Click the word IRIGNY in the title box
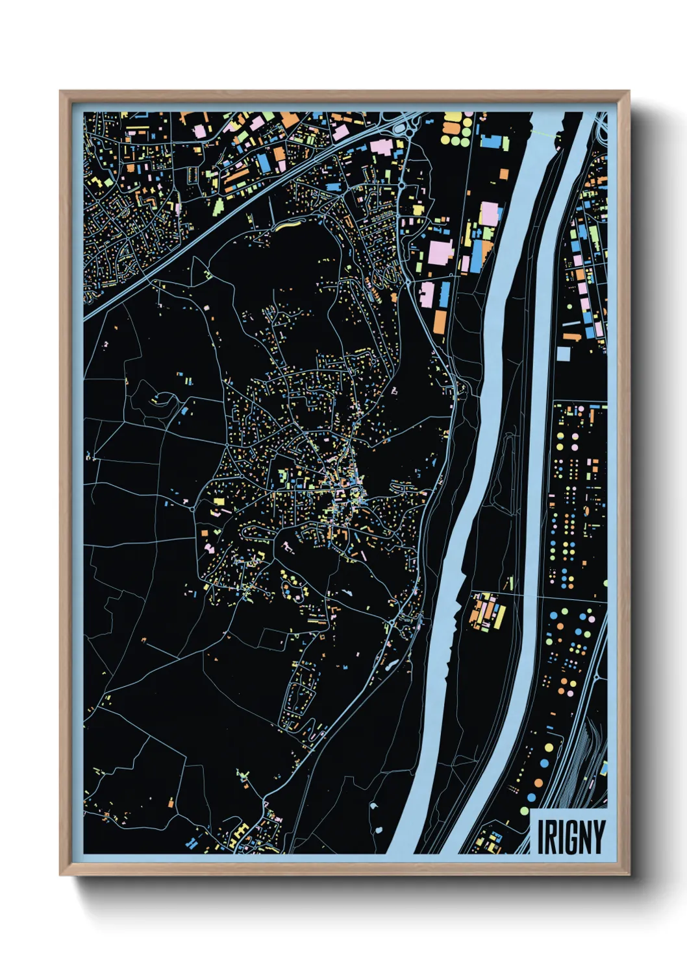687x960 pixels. coord(571,837)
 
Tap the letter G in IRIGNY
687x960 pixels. coord(571,837)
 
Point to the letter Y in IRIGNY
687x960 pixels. coord(599,837)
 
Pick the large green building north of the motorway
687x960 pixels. coord(218,206)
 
